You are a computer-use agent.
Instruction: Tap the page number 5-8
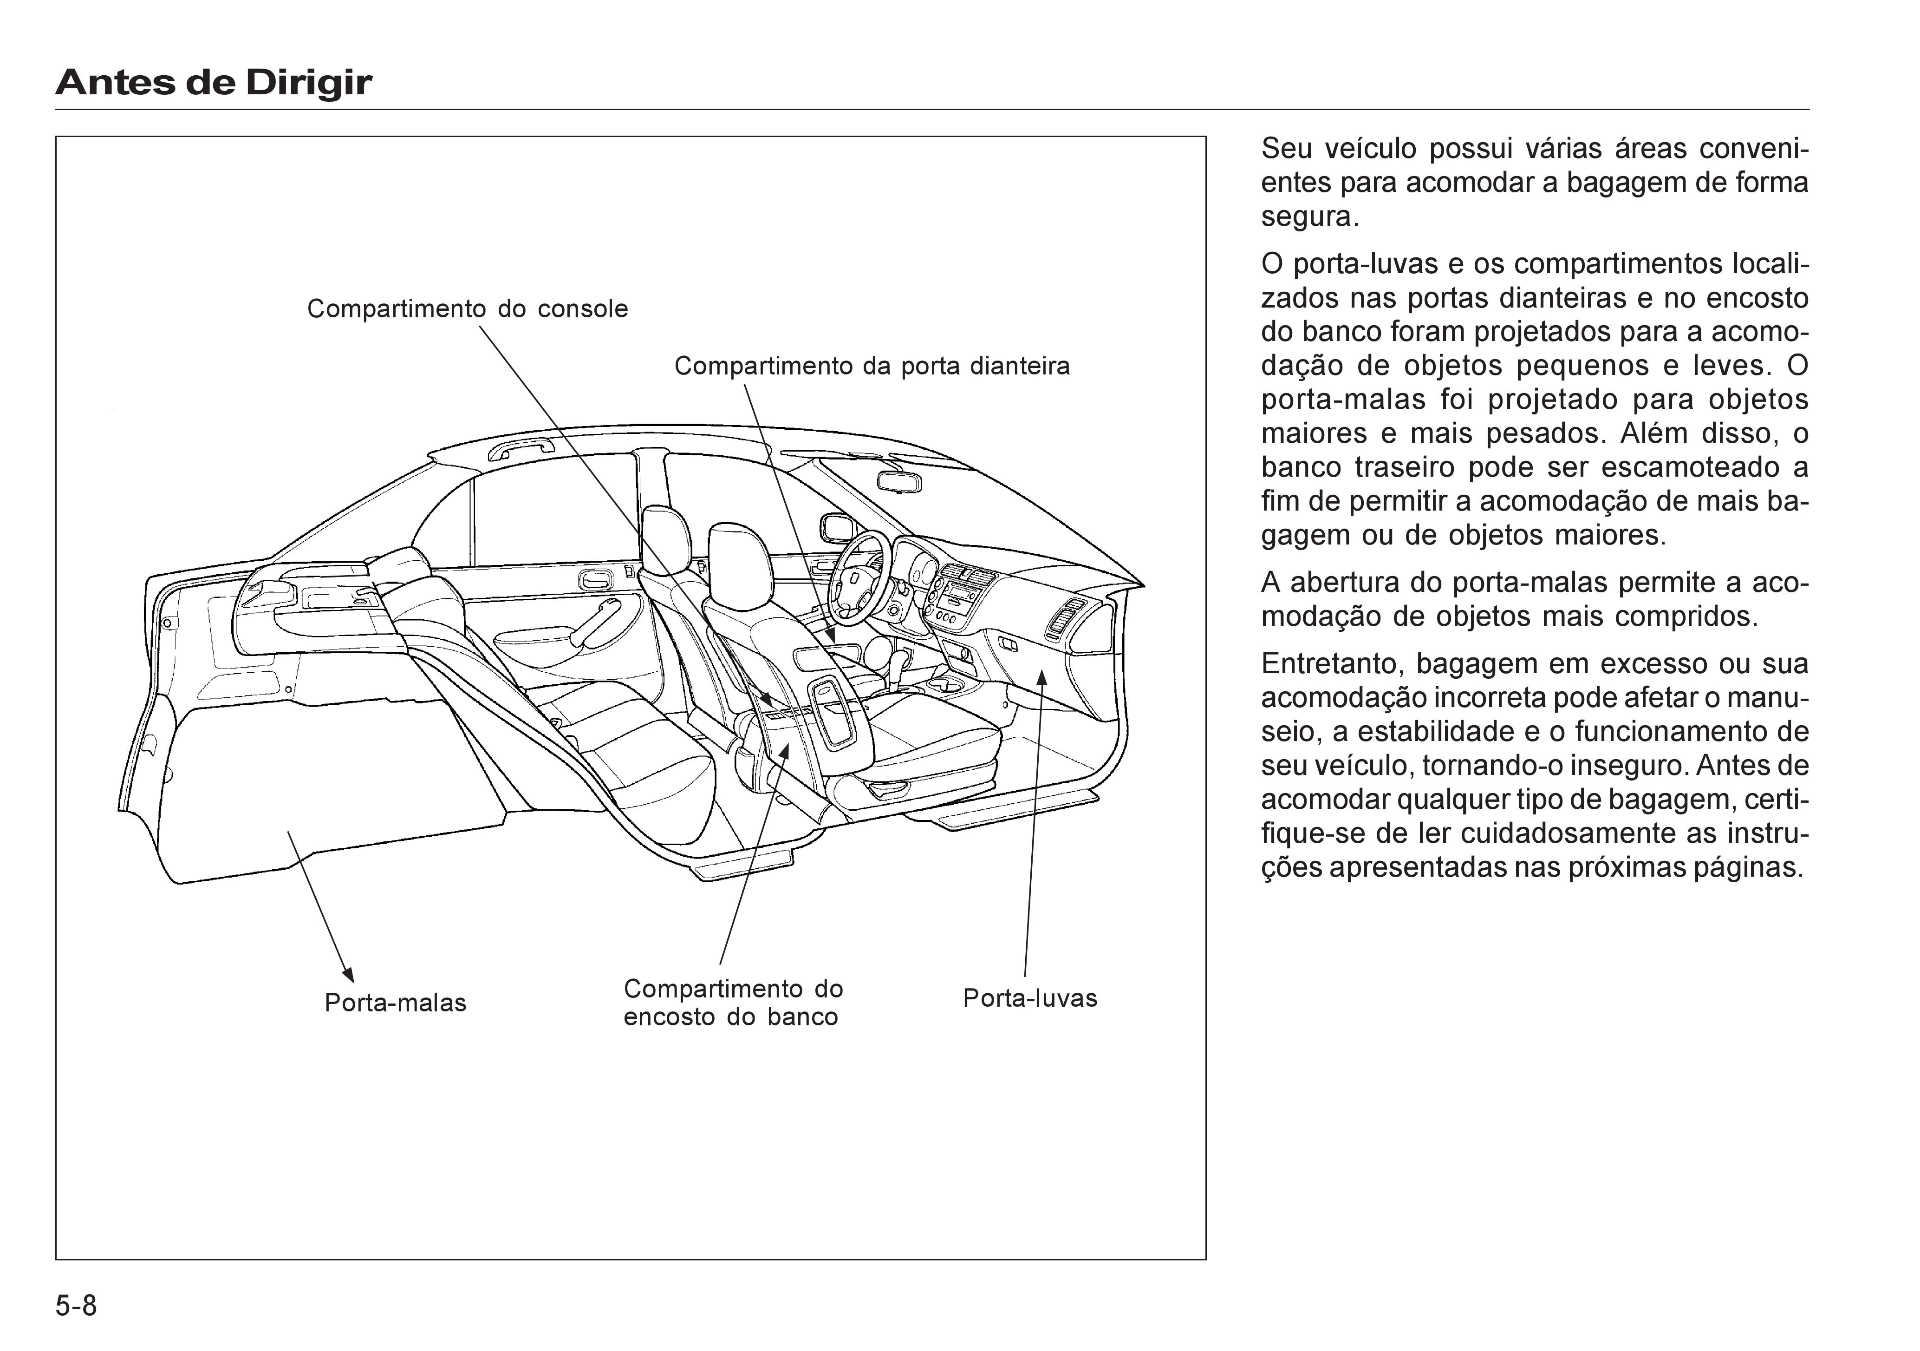[76, 1305]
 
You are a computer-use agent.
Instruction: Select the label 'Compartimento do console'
[468, 308]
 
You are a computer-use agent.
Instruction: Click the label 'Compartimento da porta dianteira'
[872, 367]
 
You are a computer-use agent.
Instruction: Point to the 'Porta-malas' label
[395, 1003]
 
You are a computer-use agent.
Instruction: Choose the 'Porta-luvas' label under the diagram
[1029, 998]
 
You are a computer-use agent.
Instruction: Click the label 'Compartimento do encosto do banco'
[733, 1003]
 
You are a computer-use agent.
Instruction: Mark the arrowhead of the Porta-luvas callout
[1042, 677]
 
